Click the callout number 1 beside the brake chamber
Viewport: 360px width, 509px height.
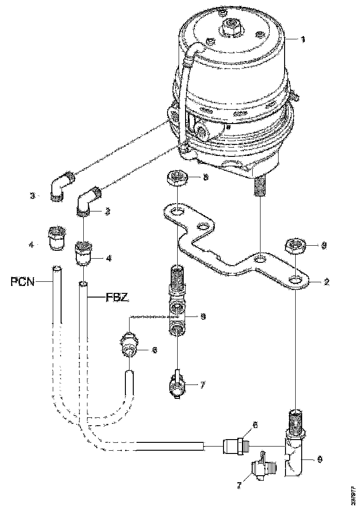point(303,40)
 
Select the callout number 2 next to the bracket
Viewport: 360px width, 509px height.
point(327,282)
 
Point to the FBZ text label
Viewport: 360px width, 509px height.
point(114,298)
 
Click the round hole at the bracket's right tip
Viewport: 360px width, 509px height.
point(297,280)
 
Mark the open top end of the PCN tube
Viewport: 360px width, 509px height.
point(56,268)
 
